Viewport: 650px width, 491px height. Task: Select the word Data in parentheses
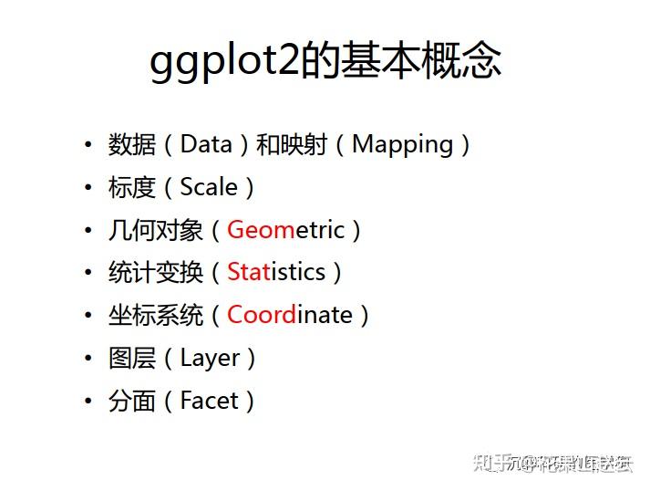pyautogui.click(x=206, y=144)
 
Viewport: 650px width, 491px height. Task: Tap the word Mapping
pyautogui.click(x=402, y=144)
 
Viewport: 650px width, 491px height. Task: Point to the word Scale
pyautogui.click(x=209, y=187)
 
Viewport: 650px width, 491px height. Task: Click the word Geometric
pyautogui.click(x=285, y=230)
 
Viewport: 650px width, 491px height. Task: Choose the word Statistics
pyautogui.click(x=276, y=272)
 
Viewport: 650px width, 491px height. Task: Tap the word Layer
pyautogui.click(x=211, y=358)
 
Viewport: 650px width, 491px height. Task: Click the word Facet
pyautogui.click(x=210, y=401)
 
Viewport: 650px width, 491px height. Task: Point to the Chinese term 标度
pyautogui.click(x=132, y=187)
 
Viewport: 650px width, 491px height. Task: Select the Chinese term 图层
pyautogui.click(x=132, y=358)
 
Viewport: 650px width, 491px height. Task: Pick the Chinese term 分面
pyautogui.click(x=132, y=401)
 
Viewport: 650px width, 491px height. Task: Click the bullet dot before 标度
pyautogui.click(x=88, y=187)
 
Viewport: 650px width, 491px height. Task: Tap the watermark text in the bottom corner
pyautogui.click(x=552, y=462)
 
